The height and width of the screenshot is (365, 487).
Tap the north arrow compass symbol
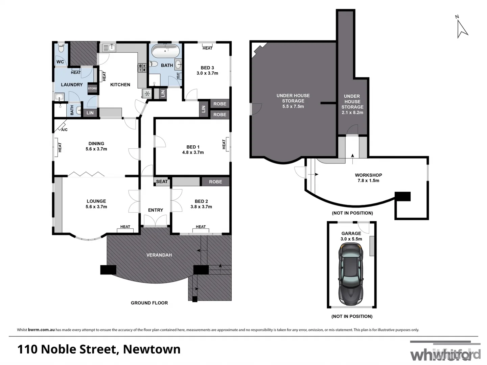[462, 28]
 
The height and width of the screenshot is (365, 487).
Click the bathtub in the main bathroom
[165, 51]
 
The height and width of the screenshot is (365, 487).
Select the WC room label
[60, 62]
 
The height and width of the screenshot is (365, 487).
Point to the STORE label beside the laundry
[92, 89]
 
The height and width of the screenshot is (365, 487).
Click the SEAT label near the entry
[162, 181]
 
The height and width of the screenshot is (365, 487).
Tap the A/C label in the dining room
[64, 130]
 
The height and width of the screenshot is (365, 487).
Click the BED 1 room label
[193, 147]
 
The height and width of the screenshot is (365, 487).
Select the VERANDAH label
[159, 255]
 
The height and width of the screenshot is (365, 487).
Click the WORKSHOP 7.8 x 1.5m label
[368, 178]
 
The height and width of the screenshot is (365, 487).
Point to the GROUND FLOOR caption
[149, 303]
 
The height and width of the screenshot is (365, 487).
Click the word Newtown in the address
[152, 349]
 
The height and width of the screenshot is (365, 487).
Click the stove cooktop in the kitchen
[142, 68]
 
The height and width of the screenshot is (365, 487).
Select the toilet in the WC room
[61, 48]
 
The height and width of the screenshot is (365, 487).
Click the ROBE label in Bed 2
[215, 181]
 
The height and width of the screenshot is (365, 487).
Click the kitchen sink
[109, 48]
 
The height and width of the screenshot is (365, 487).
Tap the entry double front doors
[155, 221]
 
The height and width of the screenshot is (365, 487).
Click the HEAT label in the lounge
[125, 227]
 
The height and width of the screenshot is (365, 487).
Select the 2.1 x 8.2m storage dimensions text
[352, 112]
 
